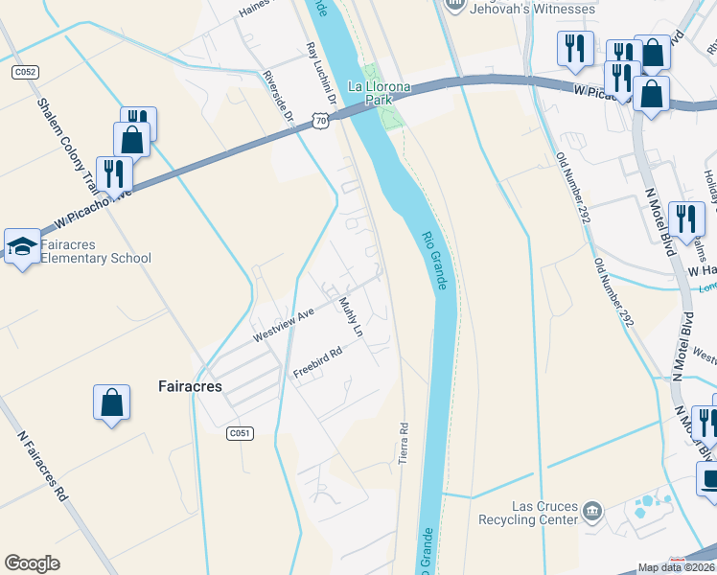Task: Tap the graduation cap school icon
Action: tap(22, 246)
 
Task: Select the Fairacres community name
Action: tap(189, 387)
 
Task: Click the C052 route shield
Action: tap(25, 72)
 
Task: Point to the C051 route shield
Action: tap(240, 433)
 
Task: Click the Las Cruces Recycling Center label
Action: tap(531, 514)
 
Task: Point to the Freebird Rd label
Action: tap(317, 362)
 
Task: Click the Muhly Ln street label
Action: tap(351, 316)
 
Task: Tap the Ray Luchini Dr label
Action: tap(321, 72)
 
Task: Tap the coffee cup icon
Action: tap(710, 478)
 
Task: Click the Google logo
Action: tap(33, 563)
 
